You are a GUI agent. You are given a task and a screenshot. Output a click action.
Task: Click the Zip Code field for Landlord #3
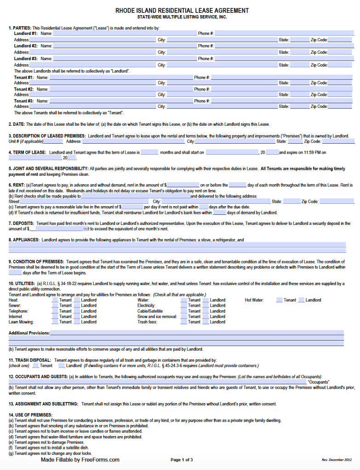(340, 65)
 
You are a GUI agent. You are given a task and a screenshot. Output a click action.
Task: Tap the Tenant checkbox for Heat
(55, 300)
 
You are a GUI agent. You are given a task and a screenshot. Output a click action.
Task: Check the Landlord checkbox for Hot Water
(301, 300)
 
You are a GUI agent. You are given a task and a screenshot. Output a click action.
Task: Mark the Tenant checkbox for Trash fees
(184, 322)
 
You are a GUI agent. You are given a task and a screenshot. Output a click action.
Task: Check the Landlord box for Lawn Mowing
(77, 322)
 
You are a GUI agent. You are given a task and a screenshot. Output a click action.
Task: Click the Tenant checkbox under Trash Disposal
(35, 366)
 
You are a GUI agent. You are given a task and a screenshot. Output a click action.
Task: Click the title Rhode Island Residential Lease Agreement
(182, 11)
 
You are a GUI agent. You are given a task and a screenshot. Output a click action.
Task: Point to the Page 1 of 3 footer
(182, 460)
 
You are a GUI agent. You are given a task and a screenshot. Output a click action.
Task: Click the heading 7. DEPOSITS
(22, 223)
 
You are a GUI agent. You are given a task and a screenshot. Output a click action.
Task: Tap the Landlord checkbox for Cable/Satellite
(206, 311)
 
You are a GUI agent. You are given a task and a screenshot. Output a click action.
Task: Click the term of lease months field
(149, 152)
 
